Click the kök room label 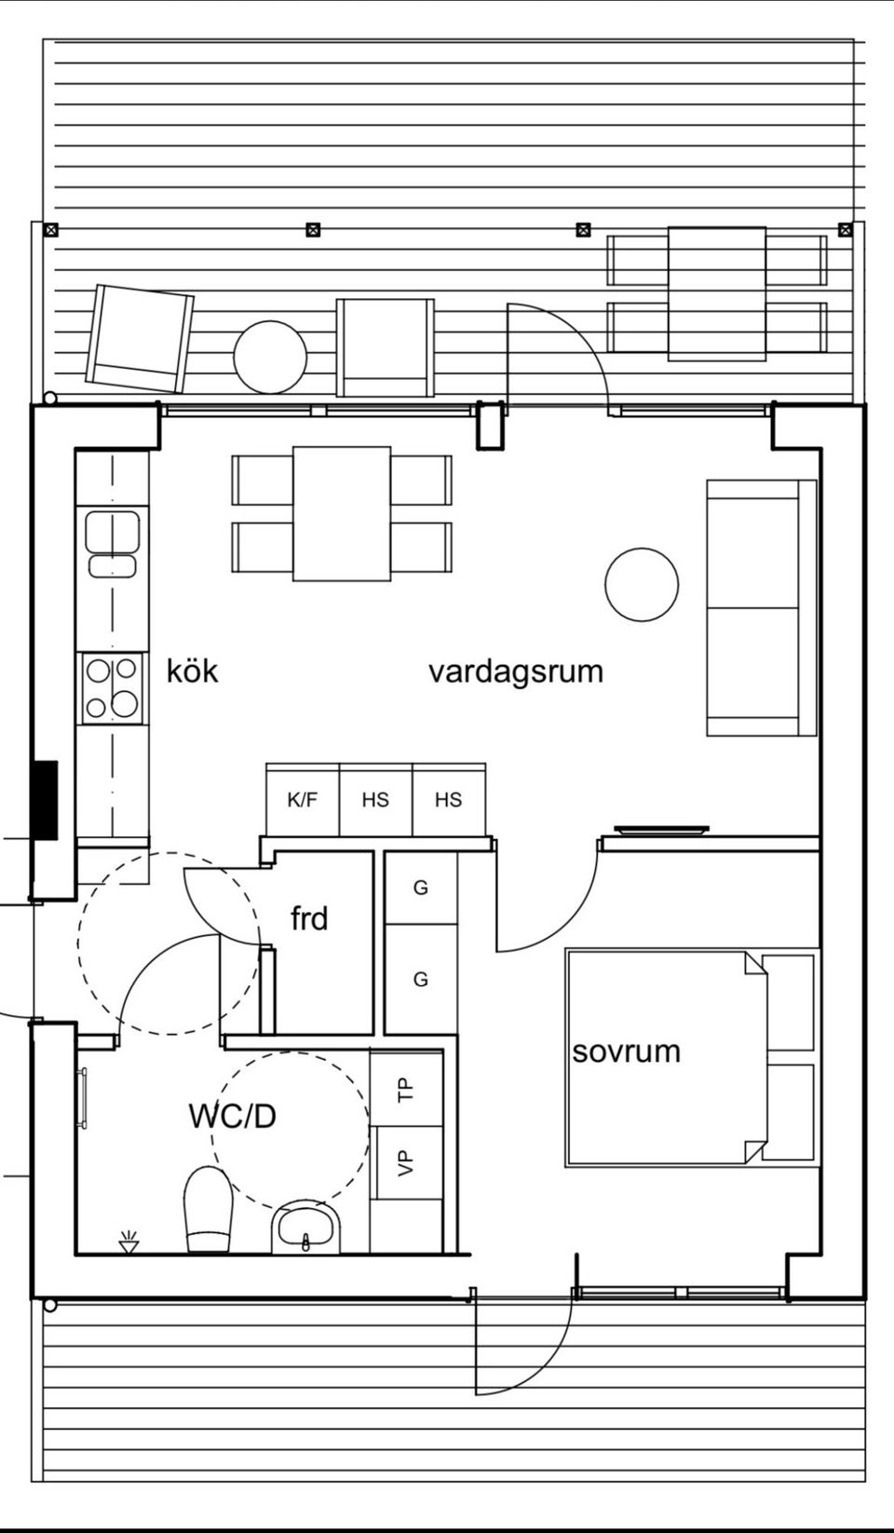pos(193,671)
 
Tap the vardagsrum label pos(515,671)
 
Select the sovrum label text pos(626,1051)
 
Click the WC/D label pos(232,1116)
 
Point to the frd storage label pos(309,919)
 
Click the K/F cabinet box pos(302,799)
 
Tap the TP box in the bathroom pos(405,1088)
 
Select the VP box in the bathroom pos(405,1161)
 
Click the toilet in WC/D pos(208,1209)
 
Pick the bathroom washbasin pos(306,1228)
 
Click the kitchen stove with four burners pos(111,687)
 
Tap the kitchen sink pos(112,543)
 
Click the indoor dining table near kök pos(341,513)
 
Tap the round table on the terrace pos(270,358)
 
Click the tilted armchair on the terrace pos(140,338)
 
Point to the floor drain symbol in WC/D pos(129,1241)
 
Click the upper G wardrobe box pos(421,889)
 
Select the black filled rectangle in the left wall pos(46,799)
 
